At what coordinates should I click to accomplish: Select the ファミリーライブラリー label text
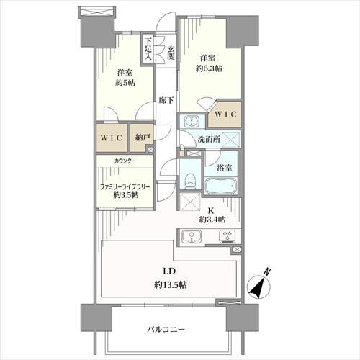[125, 186]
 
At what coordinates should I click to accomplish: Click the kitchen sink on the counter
[194, 236]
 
